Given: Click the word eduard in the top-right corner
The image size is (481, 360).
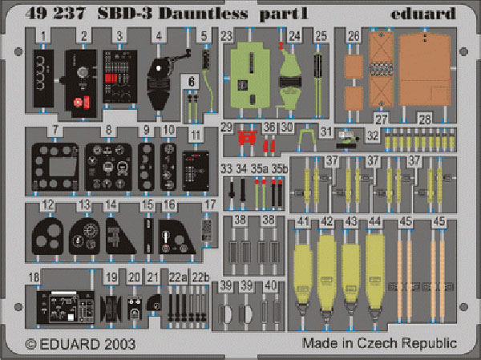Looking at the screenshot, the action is [x=423, y=14].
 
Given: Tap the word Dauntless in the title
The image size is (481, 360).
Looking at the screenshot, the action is [x=203, y=14].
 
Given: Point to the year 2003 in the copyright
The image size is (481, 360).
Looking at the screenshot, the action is [x=119, y=344].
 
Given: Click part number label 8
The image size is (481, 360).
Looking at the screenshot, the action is [x=108, y=130].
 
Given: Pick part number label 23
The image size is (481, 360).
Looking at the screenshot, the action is [x=227, y=36].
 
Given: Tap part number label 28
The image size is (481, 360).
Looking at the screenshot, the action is [x=425, y=119].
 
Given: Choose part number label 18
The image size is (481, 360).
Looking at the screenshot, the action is [x=34, y=277].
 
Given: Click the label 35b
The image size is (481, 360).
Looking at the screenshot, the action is [x=280, y=169].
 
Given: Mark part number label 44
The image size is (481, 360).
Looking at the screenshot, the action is [x=374, y=221].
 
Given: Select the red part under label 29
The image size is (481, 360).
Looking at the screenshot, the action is [x=247, y=138].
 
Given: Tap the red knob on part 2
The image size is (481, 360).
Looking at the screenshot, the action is [x=79, y=102].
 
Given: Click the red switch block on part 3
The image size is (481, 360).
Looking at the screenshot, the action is [x=111, y=78].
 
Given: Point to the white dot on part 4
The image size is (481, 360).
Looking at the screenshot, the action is [x=159, y=68].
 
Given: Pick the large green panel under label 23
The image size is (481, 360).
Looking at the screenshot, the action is [x=250, y=75].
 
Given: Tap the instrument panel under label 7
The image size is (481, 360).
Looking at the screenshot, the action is [x=55, y=167].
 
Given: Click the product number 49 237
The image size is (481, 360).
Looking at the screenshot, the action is [x=55, y=14].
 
